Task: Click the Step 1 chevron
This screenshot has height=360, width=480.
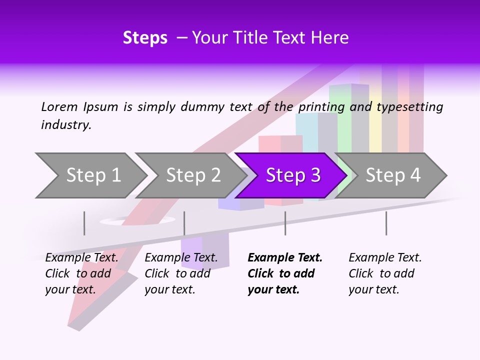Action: click(x=92, y=175)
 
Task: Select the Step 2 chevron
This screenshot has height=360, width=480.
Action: click(x=192, y=175)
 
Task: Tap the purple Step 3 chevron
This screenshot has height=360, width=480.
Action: click(x=292, y=175)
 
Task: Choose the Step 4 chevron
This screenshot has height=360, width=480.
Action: click(x=393, y=175)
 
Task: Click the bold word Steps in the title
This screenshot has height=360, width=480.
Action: click(x=145, y=38)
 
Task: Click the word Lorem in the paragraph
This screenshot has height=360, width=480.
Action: click(x=59, y=106)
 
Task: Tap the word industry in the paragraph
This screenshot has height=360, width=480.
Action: click(x=66, y=125)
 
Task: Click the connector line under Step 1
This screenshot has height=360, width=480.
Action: click(x=84, y=223)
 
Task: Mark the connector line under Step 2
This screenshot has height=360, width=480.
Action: click(x=184, y=223)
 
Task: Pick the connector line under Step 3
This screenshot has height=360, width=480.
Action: click(x=285, y=223)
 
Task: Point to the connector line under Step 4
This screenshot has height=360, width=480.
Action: click(x=386, y=223)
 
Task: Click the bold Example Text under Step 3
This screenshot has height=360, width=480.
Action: click(x=285, y=258)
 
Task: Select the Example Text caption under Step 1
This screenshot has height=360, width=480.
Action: click(x=81, y=258)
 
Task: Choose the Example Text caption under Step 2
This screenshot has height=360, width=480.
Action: click(x=181, y=258)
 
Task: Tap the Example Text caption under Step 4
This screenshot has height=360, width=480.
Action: click(x=385, y=258)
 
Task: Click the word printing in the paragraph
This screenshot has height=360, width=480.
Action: click(x=320, y=107)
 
